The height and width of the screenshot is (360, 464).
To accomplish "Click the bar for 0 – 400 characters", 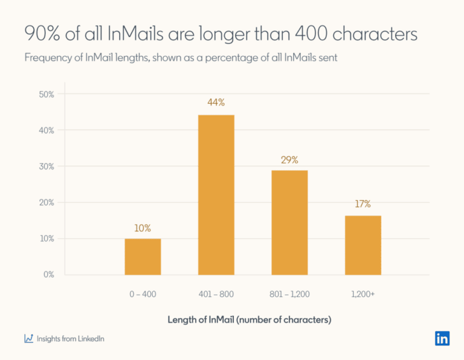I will pyautogui.click(x=143, y=257).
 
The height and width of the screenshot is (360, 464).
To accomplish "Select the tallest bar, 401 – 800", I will pyautogui.click(x=216, y=194).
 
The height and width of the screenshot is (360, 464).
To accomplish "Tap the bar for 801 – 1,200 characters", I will pyautogui.click(x=289, y=222).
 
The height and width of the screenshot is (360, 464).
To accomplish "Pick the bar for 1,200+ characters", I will pyautogui.click(x=363, y=245).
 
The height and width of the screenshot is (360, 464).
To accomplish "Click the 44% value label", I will pyautogui.click(x=216, y=103).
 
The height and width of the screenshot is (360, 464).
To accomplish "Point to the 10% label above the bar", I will pyautogui.click(x=143, y=228).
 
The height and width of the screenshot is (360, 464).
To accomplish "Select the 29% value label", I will pyautogui.click(x=289, y=160).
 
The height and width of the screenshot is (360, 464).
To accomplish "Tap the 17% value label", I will pyautogui.click(x=363, y=204).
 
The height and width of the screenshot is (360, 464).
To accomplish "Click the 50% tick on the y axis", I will pyautogui.click(x=46, y=94).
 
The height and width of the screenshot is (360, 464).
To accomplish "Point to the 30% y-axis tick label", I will pyautogui.click(x=46, y=166).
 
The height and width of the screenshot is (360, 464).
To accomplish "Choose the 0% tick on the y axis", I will pyautogui.click(x=48, y=274).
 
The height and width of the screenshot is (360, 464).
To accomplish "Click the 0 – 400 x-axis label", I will pyautogui.click(x=143, y=294).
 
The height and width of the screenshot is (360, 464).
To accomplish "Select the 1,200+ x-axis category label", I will pyautogui.click(x=363, y=294).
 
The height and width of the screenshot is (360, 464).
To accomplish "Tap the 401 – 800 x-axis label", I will pyautogui.click(x=216, y=294).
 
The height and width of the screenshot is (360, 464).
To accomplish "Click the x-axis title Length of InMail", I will pyautogui.click(x=249, y=320).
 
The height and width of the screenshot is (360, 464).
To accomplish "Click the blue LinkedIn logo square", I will pyautogui.click(x=442, y=338).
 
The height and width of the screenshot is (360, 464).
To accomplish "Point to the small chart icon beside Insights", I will pyautogui.click(x=28, y=339).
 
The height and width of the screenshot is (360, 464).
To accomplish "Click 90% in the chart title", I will pyautogui.click(x=41, y=34).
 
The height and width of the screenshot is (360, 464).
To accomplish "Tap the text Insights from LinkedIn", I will pyautogui.click(x=70, y=339).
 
